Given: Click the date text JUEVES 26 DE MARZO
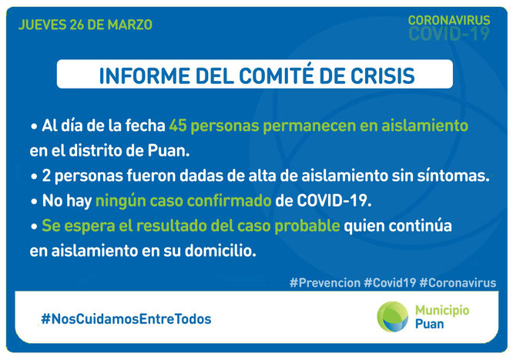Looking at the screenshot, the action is point(85,25).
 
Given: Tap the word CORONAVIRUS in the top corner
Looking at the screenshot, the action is point(449,20).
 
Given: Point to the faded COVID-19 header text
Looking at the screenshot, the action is point(449,33).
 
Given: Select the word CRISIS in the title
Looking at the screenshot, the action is point(383,76).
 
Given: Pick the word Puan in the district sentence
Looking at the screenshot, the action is point(169,151).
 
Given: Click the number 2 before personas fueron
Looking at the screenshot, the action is point(46,176).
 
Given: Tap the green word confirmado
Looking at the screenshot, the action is point(229,200).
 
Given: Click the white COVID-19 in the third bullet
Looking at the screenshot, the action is point(334,200).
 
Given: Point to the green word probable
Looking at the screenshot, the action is point(307,226).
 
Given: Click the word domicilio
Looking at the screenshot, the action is point(220,251).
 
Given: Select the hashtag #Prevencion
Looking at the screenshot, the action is point(325,283).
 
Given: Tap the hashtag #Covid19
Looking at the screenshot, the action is point(390,283).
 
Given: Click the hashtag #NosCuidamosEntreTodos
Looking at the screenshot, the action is point(126,319).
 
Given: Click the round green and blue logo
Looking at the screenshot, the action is point(393,317).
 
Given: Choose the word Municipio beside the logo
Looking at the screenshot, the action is point(442,310).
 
